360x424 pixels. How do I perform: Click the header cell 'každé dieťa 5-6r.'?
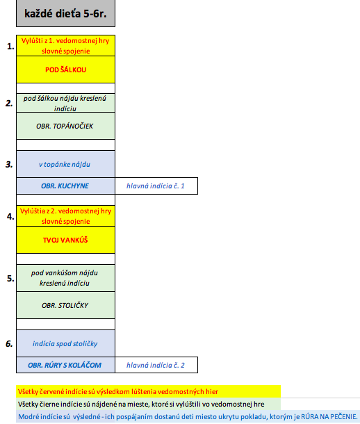(x=65, y=13)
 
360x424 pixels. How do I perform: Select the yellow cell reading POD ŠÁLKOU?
(x=65, y=70)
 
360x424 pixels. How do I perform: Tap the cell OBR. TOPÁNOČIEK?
(x=65, y=126)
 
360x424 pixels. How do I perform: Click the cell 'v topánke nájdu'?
(x=65, y=164)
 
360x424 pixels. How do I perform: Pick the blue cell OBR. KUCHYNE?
(x=65, y=186)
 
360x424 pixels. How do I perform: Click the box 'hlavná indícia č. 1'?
(x=156, y=186)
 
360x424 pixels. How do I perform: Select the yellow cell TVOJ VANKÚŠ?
(x=65, y=240)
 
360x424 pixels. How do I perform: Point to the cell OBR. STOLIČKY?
(x=65, y=305)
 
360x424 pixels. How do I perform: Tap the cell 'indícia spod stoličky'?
(x=65, y=343)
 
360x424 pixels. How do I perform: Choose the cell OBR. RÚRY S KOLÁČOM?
(x=65, y=365)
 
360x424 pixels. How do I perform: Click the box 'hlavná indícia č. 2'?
(x=156, y=365)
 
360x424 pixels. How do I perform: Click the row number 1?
(x=10, y=47)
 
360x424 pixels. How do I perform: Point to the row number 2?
(x=9, y=103)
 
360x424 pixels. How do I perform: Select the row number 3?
(x=9, y=164)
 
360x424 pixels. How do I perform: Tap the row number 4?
(x=10, y=216)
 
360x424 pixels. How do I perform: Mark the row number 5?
(x=10, y=278)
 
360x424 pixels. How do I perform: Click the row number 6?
(x=9, y=343)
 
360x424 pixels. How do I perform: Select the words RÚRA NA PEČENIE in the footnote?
(x=329, y=416)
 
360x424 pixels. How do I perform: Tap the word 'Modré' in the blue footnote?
(x=26, y=416)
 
